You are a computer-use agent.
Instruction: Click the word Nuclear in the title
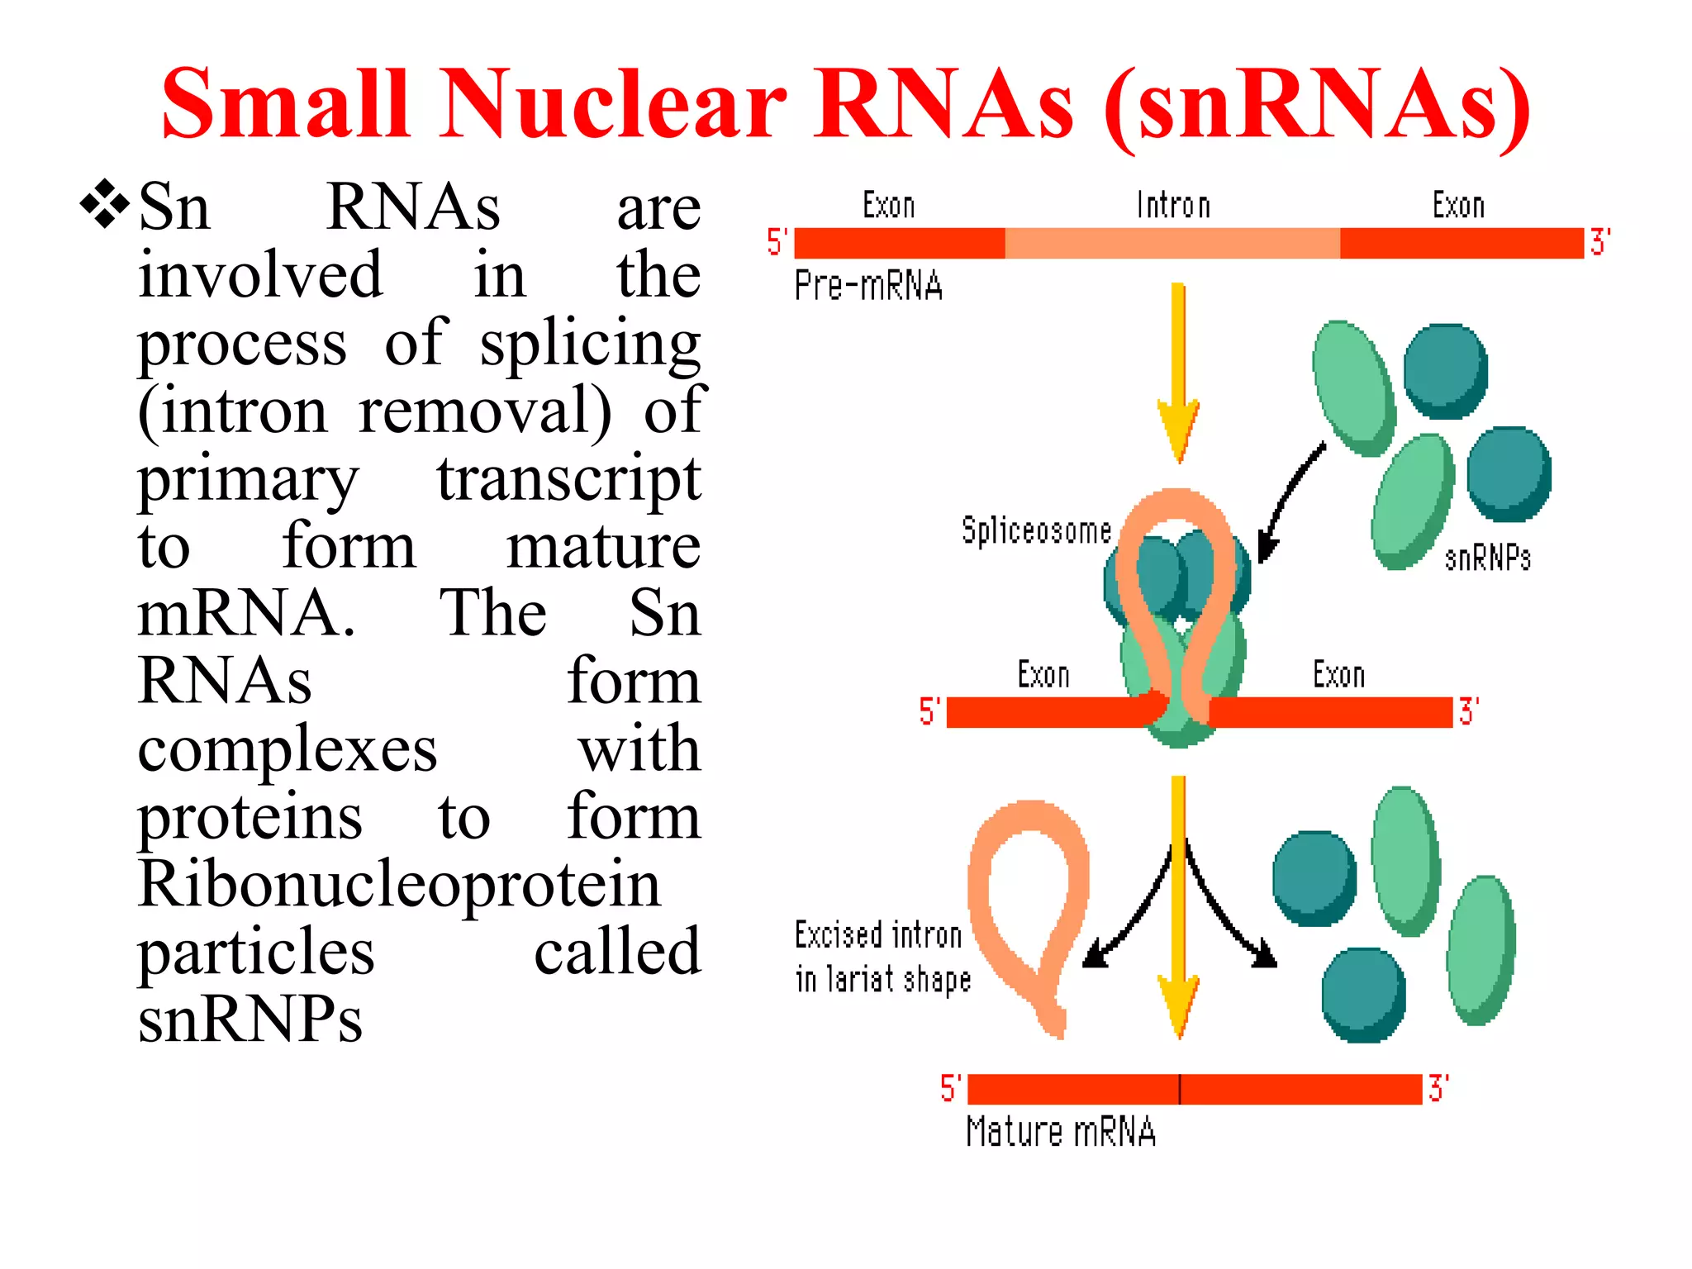[x=615, y=105]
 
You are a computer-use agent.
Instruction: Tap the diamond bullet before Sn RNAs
[x=105, y=203]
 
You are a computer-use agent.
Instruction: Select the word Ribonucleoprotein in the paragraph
[x=399, y=884]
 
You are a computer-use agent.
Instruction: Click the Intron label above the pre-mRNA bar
[x=1173, y=205]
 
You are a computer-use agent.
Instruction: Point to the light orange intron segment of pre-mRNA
[x=1172, y=244]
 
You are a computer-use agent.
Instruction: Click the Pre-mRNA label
[x=868, y=286]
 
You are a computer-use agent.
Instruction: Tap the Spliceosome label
[x=1036, y=530]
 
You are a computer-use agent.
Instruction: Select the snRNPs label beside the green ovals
[x=1487, y=558]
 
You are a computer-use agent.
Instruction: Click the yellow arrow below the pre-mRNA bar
[x=1179, y=372]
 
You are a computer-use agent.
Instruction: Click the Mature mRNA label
[x=1061, y=1131]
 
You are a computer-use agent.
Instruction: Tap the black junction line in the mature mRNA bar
[x=1180, y=1089]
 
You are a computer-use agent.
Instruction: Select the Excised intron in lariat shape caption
[x=882, y=957]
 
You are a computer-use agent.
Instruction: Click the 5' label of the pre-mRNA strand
[x=777, y=242]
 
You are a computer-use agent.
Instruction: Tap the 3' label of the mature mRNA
[x=1438, y=1088]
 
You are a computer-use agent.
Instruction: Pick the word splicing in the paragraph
[x=590, y=343]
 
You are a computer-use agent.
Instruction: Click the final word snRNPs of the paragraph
[x=250, y=1019]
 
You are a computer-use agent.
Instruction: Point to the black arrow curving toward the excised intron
[x=1128, y=917]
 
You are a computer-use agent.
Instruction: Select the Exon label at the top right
[x=1458, y=205]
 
